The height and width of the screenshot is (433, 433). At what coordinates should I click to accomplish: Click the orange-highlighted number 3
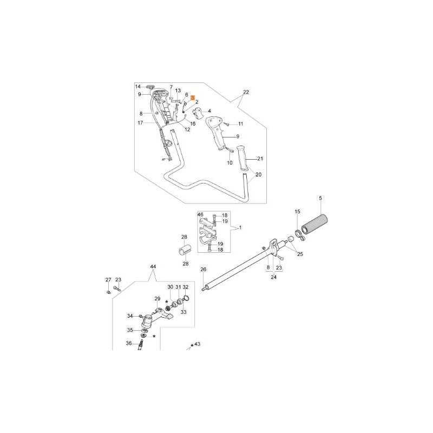pyautogui.click(x=192, y=95)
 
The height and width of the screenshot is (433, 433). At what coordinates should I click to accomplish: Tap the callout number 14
pyautogui.click(x=137, y=87)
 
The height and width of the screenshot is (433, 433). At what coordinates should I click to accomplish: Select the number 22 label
pyautogui.click(x=246, y=92)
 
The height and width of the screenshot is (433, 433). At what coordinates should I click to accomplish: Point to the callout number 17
pyautogui.click(x=140, y=123)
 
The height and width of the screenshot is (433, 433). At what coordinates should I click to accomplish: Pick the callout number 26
pyautogui.click(x=204, y=270)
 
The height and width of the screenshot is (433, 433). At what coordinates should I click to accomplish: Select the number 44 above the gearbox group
pyautogui.click(x=153, y=267)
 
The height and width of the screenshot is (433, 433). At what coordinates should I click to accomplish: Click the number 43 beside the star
pyautogui.click(x=197, y=344)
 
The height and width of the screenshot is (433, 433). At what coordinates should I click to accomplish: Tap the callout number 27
pyautogui.click(x=108, y=280)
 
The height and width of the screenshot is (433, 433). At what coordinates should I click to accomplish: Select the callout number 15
pyautogui.click(x=297, y=211)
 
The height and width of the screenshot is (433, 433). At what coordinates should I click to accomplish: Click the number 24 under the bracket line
pyautogui.click(x=273, y=277)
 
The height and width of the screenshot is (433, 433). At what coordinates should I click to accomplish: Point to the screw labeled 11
pyautogui.click(x=226, y=124)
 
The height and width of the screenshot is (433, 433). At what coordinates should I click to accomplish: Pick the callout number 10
pyautogui.click(x=229, y=163)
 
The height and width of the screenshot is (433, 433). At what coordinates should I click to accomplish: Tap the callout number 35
pyautogui.click(x=129, y=330)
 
